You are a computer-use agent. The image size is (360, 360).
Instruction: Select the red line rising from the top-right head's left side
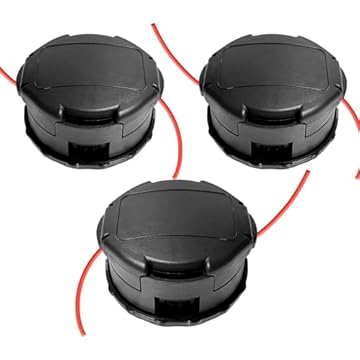pos(175,40)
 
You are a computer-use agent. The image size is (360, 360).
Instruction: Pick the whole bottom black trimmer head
pos(186,255)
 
